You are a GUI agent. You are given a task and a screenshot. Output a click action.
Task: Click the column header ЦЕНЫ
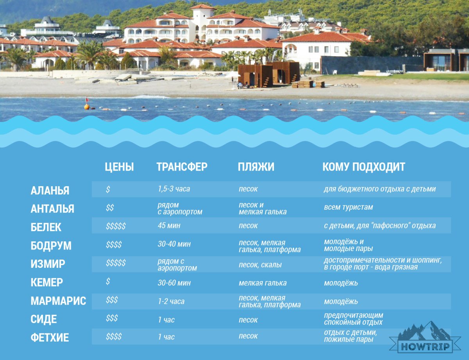[119, 167]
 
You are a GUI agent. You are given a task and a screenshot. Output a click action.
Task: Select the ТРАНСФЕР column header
[182, 167]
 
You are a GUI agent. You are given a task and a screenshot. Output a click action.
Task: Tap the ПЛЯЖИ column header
[256, 167]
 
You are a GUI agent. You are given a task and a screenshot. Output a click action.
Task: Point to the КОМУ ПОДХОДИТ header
[364, 167]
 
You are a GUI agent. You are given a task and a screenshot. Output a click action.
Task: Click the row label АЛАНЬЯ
[50, 191]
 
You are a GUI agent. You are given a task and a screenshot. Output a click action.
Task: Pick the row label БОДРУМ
[51, 246]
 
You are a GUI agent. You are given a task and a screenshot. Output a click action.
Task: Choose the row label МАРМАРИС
[58, 301]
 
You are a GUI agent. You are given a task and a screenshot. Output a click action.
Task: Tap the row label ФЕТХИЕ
[50, 338]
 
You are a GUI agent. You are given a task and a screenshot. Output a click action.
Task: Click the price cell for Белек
[116, 226]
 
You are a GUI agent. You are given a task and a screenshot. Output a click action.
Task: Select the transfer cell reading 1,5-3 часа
[174, 189]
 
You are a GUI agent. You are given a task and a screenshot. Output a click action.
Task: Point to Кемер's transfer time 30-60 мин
[174, 283]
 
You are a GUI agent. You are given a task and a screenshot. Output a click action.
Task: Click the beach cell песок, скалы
[260, 264]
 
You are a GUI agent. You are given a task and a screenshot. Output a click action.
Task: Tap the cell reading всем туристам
[348, 207]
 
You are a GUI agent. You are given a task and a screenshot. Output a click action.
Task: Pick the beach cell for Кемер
[263, 283]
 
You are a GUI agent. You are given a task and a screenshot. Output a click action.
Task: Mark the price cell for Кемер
[108, 281]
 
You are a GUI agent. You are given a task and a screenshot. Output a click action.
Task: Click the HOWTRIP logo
[425, 338]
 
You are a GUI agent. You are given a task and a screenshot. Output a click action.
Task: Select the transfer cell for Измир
[177, 264]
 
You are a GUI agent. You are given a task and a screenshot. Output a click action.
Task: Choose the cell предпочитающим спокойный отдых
[354, 319]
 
